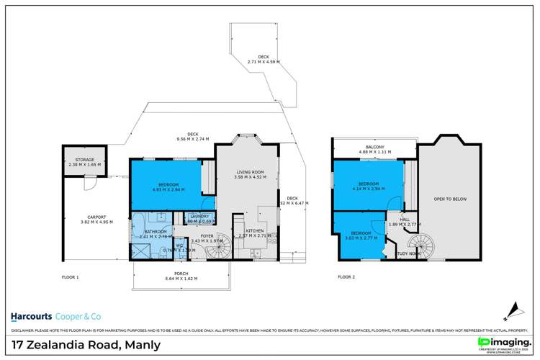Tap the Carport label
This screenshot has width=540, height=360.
pyautogui.click(x=96, y=220)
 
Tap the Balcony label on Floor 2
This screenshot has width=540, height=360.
pyautogui.click(x=374, y=149)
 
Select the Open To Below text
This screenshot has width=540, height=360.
pyautogui.click(x=449, y=199)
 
